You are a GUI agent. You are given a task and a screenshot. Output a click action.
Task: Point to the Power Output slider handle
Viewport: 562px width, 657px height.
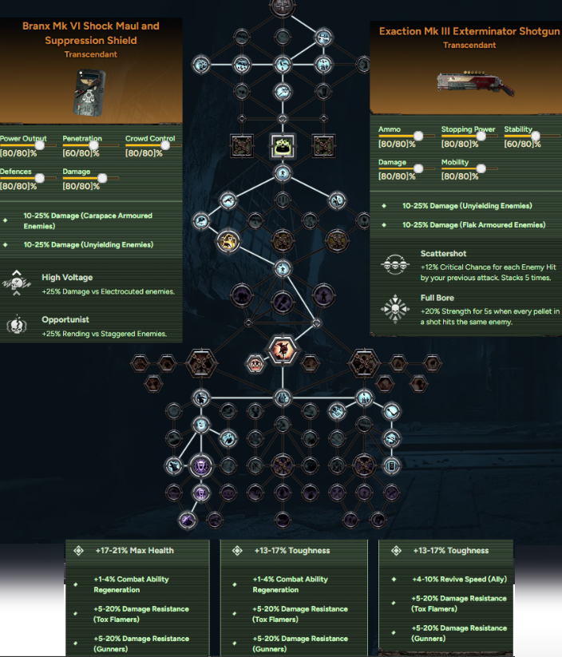(x=41, y=145)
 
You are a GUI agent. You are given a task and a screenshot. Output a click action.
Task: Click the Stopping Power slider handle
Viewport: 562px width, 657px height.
(x=481, y=136)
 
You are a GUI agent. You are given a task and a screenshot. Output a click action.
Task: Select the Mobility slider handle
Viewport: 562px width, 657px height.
(x=481, y=168)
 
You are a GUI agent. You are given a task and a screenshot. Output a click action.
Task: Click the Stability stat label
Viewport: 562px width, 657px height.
(x=518, y=129)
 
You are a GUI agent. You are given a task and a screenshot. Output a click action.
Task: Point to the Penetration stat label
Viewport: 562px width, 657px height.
(x=82, y=138)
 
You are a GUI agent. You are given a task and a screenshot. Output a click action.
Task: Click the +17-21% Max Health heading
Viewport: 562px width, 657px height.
(x=133, y=550)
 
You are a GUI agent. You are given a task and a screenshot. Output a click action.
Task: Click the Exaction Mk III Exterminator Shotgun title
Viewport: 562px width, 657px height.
(x=469, y=31)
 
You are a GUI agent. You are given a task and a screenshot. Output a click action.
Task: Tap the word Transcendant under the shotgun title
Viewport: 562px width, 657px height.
(x=469, y=46)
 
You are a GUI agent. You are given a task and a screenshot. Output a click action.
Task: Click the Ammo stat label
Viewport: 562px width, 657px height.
(x=389, y=129)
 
